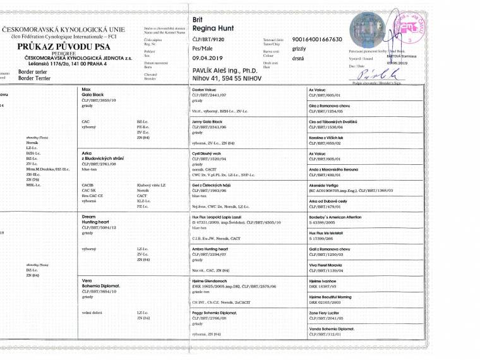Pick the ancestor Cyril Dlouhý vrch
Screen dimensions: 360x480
210,153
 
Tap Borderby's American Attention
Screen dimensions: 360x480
334,217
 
